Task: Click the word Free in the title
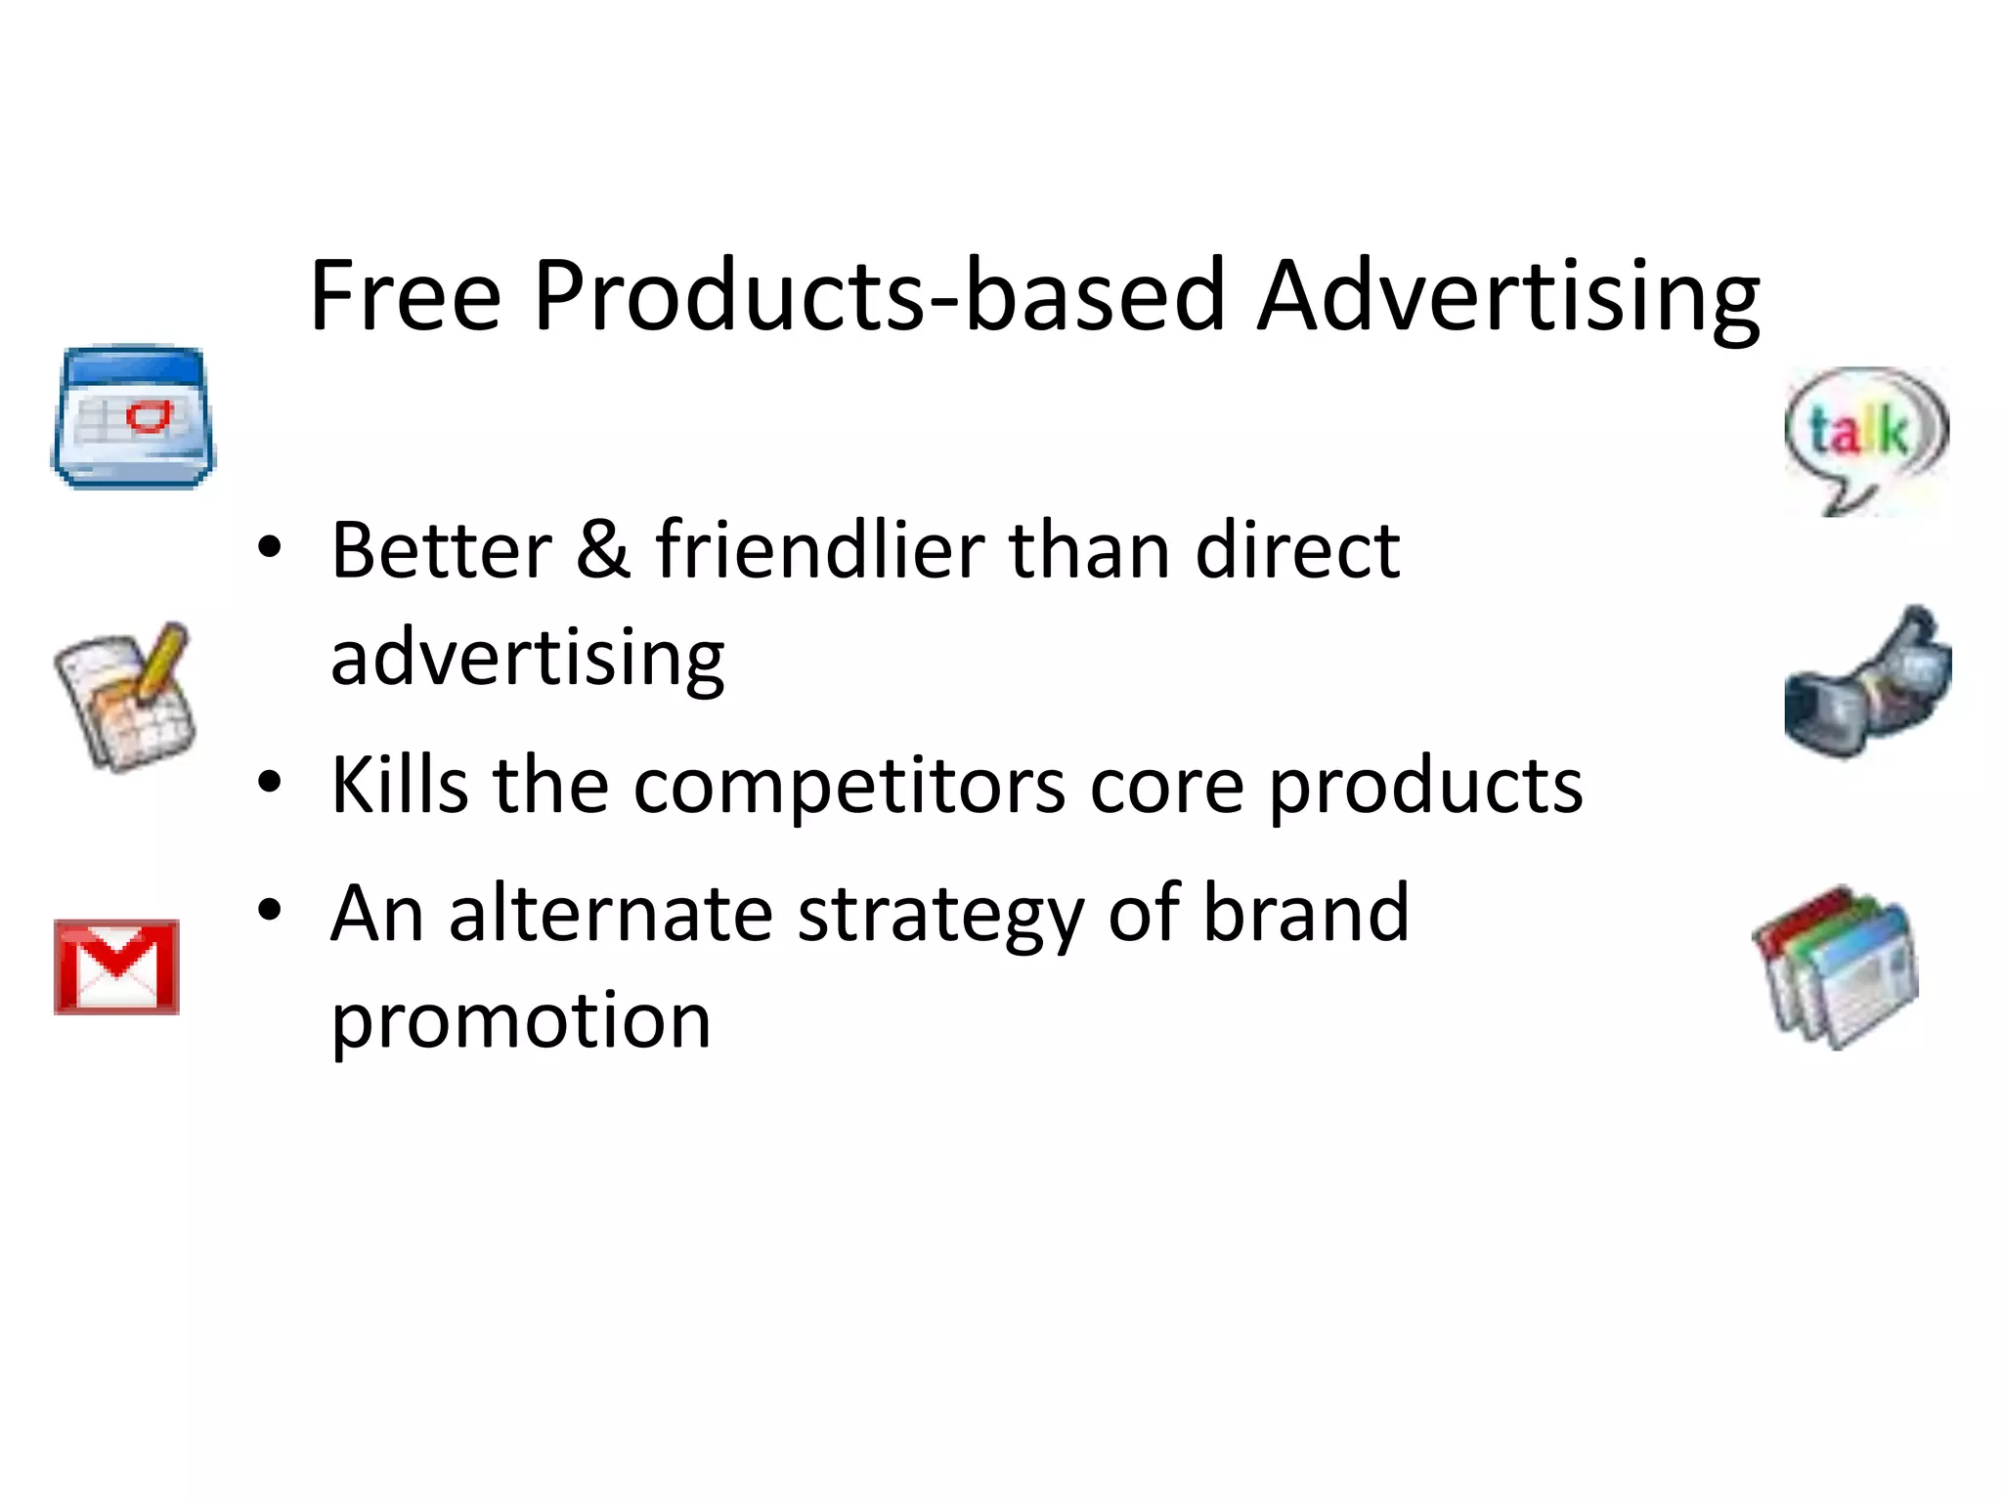click(x=405, y=295)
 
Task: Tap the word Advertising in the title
click(x=1507, y=297)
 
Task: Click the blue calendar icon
click(x=133, y=417)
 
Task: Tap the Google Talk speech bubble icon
click(x=1865, y=437)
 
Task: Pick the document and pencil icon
click(x=126, y=696)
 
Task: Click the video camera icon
click(x=1867, y=683)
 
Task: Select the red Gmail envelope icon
click(x=117, y=966)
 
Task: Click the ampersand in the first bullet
click(x=602, y=549)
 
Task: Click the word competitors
click(x=849, y=786)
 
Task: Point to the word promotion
click(x=521, y=1021)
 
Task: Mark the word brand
click(x=1305, y=913)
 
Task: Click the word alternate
click(x=611, y=913)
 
